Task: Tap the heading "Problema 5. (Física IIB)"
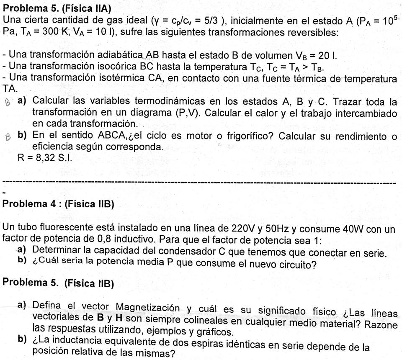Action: click(58, 283)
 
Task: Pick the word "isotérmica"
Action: click(122, 78)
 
